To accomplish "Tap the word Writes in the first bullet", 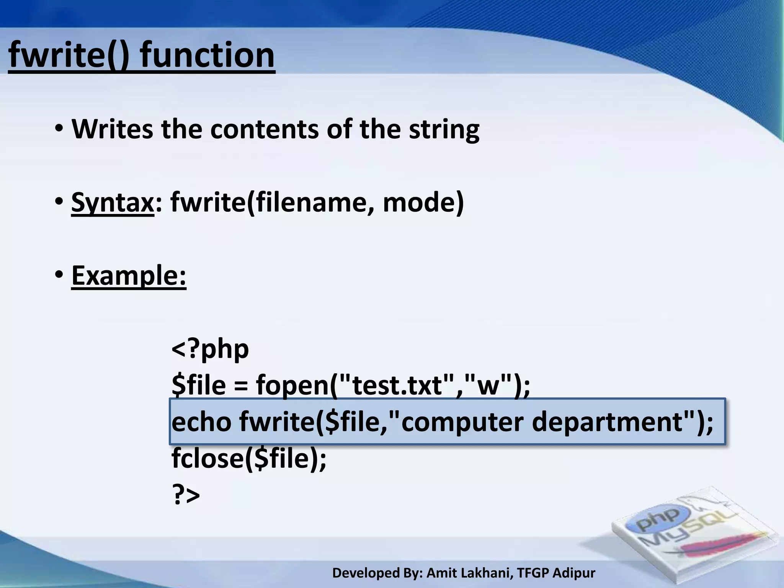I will [112, 129].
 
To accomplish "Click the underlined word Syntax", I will [112, 203].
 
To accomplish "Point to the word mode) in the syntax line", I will [423, 203].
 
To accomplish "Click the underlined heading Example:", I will [129, 275].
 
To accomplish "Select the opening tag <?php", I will [210, 349].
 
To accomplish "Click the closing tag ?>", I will [186, 495].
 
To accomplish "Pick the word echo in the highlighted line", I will [201, 421].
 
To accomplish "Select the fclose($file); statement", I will [249, 458].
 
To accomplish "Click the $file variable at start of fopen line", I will [199, 385].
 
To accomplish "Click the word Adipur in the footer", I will [574, 573].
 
